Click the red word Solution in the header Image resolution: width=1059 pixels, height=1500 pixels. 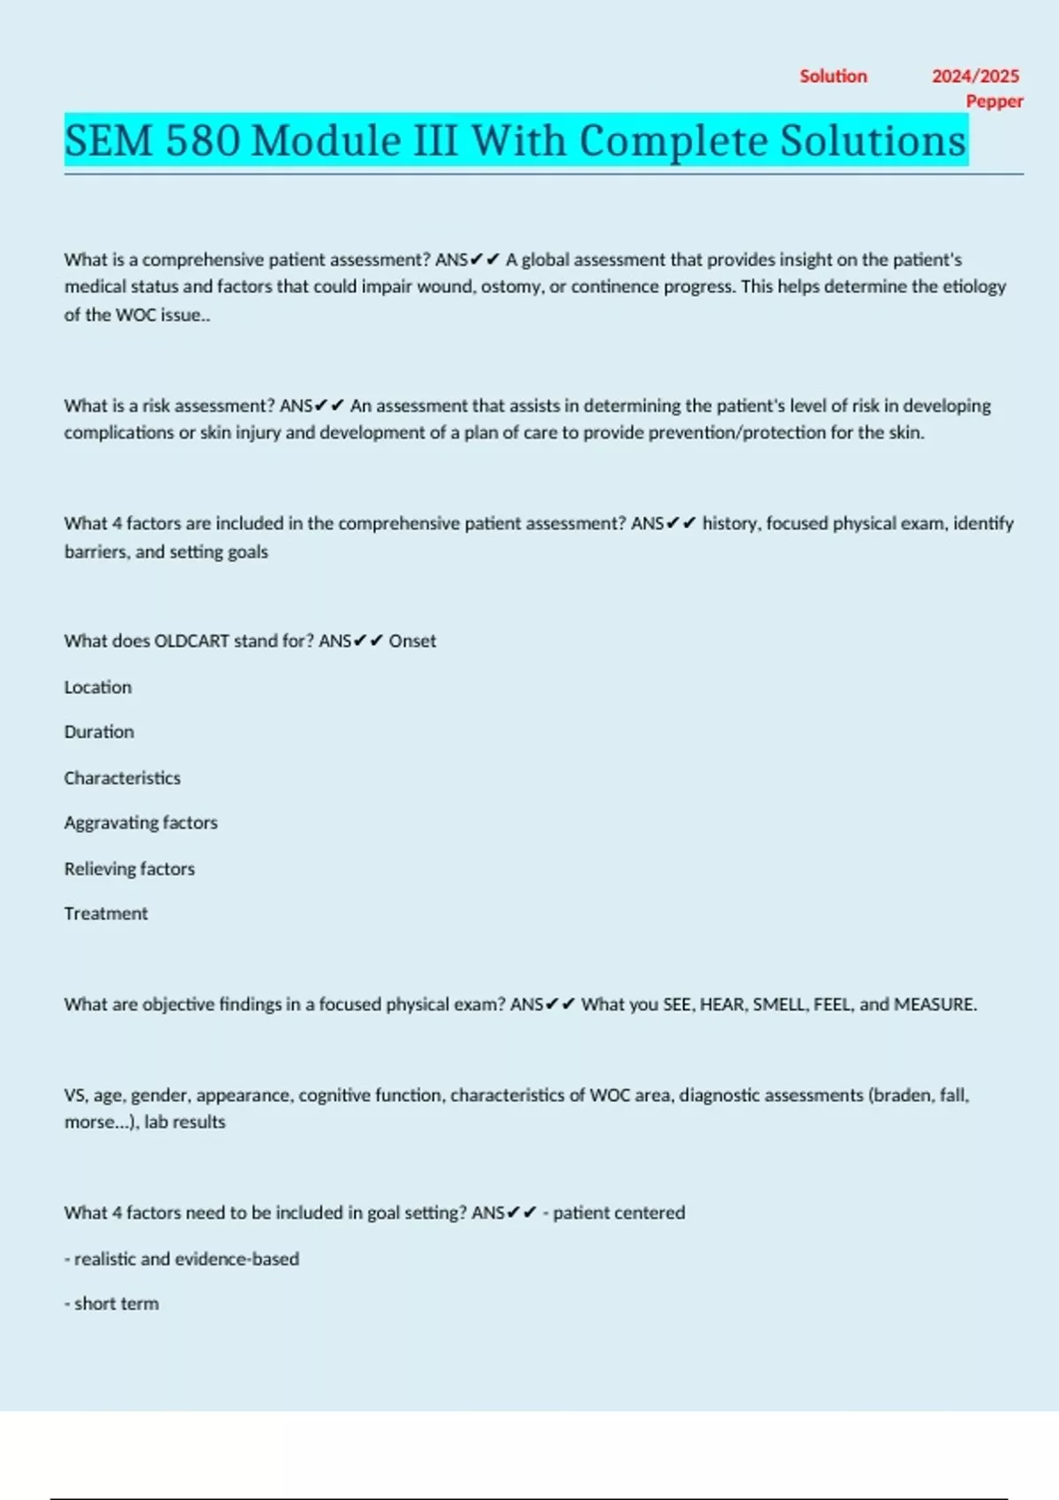833,77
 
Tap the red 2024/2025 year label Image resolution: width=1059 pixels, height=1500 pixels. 975,77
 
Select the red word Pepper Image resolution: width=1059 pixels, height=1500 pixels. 995,101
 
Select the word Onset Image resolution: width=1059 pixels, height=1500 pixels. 412,641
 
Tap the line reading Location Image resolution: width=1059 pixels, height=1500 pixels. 98,687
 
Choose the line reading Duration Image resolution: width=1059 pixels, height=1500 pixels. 99,732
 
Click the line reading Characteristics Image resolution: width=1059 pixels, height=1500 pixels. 122,778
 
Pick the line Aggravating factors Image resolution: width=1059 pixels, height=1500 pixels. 140,823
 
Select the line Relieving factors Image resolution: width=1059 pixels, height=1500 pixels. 129,869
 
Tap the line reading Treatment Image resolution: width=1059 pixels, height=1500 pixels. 106,914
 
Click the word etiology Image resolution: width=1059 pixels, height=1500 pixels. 974,287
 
